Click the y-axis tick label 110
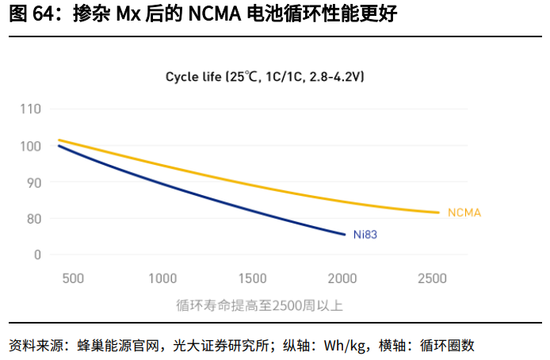click(x=31, y=109)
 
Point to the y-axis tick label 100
click(x=31, y=146)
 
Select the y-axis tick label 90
click(x=34, y=182)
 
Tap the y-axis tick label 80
click(x=34, y=219)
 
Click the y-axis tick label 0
click(x=37, y=255)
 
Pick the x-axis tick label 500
click(x=72, y=279)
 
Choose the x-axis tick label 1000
click(x=162, y=279)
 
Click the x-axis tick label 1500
click(x=252, y=279)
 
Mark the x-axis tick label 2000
click(x=342, y=279)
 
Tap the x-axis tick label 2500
click(x=433, y=279)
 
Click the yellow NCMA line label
click(x=465, y=213)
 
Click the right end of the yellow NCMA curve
click(x=437, y=212)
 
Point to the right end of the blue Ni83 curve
click(x=345, y=234)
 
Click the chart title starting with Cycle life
click(x=265, y=77)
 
